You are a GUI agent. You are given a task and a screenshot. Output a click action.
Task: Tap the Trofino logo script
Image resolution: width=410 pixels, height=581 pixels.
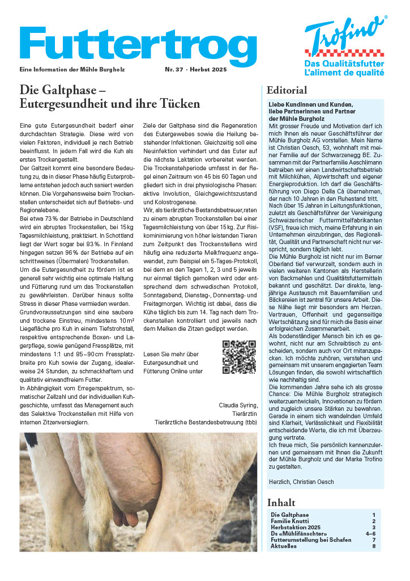click(345, 37)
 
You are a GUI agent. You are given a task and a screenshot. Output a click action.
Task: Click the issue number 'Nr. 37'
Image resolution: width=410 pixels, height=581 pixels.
click(175, 69)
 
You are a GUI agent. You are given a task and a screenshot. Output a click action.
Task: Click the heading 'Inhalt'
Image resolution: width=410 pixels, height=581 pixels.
click(281, 503)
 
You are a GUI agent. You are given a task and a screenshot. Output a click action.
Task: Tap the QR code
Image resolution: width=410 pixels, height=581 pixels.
click(239, 357)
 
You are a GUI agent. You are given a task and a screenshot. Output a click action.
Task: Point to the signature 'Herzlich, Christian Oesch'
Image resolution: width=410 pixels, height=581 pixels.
click(301, 482)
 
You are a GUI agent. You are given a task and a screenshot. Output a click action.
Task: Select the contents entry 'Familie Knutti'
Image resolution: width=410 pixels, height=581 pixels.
click(291, 521)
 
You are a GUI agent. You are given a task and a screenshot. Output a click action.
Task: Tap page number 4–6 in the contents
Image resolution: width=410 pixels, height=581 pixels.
click(371, 533)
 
